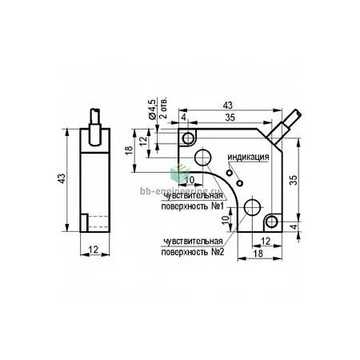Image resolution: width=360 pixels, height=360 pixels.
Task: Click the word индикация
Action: point(248,157)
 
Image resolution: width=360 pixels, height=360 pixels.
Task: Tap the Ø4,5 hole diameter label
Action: point(152,110)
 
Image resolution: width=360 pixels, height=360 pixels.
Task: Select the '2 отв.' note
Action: point(163,107)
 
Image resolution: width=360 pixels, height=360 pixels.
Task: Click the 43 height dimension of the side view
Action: point(62,178)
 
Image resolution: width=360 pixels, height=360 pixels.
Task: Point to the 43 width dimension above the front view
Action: point(228,106)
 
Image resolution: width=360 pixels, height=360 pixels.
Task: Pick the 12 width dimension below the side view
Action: point(94,250)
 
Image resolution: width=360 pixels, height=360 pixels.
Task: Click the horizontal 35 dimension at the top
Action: point(230,118)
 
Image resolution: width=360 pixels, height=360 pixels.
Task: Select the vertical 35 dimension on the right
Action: point(294,180)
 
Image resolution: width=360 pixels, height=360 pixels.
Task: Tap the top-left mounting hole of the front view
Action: point(189,138)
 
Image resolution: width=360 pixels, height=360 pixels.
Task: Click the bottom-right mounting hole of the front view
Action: point(272,222)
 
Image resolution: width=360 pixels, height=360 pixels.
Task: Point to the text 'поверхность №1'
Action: point(192,206)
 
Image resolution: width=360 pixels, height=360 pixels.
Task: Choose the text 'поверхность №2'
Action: point(193,252)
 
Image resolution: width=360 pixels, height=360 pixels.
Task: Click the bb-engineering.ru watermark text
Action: point(180,190)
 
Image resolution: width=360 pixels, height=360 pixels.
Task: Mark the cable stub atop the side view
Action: point(95,126)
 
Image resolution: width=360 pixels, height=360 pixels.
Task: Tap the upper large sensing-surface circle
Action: point(203,158)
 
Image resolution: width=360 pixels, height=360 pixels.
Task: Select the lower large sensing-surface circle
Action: point(252,207)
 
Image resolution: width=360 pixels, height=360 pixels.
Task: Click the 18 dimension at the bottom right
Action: point(258,254)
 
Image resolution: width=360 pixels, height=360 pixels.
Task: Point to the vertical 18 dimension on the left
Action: point(129,150)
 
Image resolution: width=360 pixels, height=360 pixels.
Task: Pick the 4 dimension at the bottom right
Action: point(294,226)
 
